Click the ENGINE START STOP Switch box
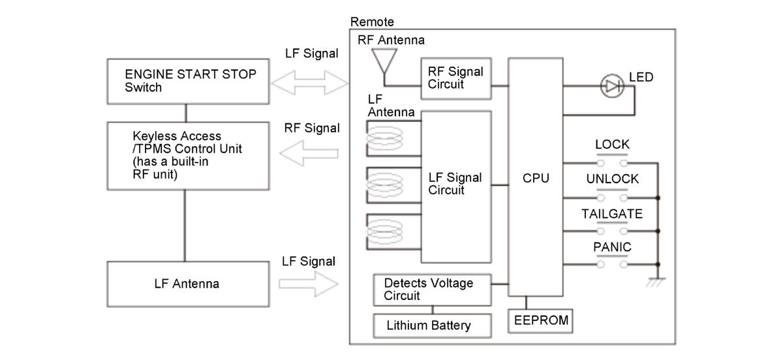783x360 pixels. click(x=188, y=82)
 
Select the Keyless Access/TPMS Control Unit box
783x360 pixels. click(x=188, y=156)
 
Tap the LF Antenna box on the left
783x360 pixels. click(x=188, y=284)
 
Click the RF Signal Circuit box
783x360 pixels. click(x=456, y=79)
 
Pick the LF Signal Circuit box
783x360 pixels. click(x=456, y=187)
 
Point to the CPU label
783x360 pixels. click(x=536, y=178)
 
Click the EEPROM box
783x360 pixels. click(x=540, y=321)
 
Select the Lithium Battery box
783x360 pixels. click(x=433, y=325)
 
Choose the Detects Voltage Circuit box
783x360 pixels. click(x=433, y=290)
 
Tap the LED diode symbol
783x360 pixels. click(x=612, y=86)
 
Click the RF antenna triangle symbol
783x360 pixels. click(x=384, y=61)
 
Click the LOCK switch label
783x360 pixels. click(x=612, y=144)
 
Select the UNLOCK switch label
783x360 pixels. click(x=613, y=179)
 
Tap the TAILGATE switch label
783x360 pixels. click(x=612, y=214)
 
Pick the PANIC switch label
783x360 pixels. click(x=612, y=247)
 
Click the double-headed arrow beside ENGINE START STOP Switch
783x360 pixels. click(x=310, y=83)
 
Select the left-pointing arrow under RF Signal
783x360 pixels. click(x=309, y=153)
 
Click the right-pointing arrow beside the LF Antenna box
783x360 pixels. click(x=309, y=284)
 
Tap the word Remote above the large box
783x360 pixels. click(x=372, y=22)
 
